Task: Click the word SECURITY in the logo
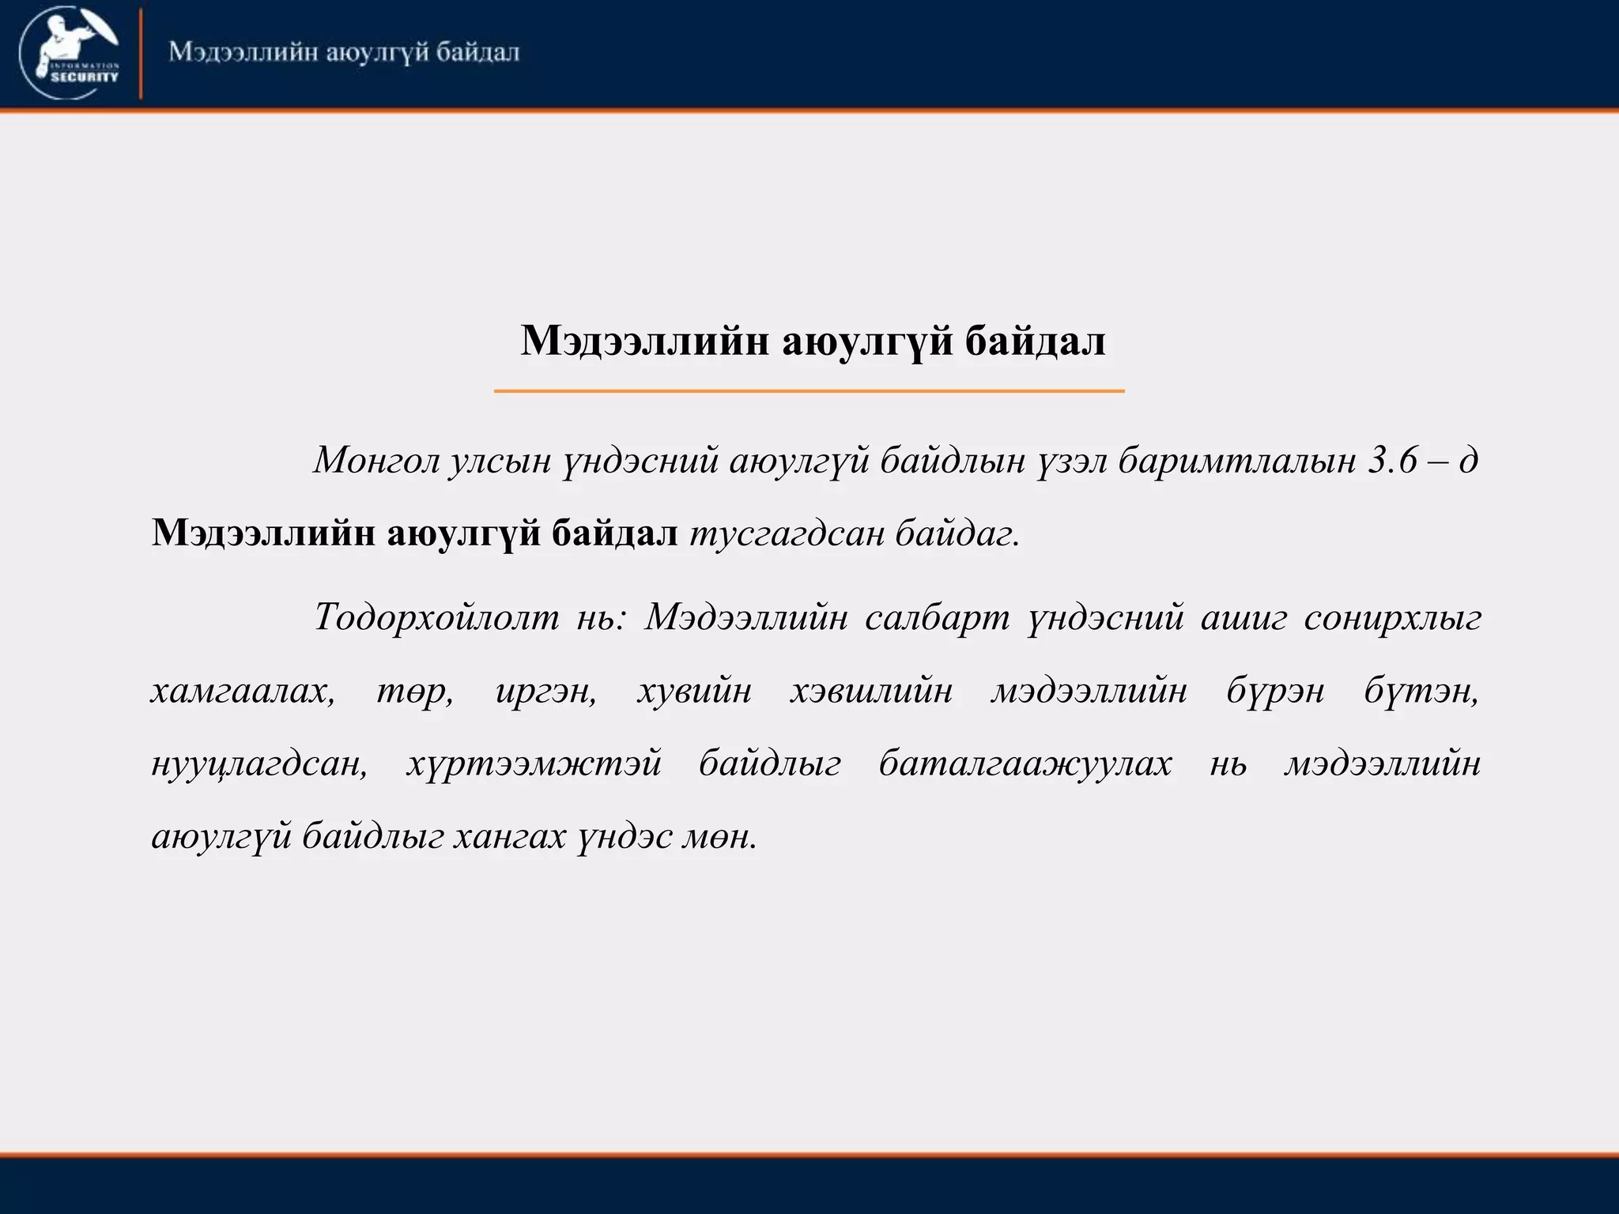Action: click(85, 77)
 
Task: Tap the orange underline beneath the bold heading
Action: click(809, 390)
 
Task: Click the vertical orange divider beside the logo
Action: click(142, 54)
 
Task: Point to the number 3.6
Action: click(1393, 460)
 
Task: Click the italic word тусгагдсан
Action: click(787, 534)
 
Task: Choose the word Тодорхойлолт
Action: click(436, 617)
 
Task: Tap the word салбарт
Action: click(937, 617)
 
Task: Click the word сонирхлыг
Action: click(1392, 617)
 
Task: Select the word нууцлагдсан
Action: click(259, 764)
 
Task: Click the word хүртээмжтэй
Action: click(534, 764)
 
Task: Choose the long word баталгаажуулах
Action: click(1025, 764)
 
